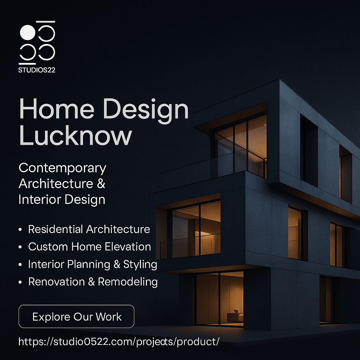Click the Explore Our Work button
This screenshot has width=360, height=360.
(x=76, y=316)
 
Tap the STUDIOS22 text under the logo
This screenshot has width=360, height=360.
(x=37, y=70)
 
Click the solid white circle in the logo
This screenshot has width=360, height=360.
(x=27, y=33)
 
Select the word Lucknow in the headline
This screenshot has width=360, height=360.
(x=75, y=136)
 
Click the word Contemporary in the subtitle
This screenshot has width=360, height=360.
(x=62, y=168)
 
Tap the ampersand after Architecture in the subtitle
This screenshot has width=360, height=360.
(x=100, y=184)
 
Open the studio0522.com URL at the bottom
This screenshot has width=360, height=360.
(x=119, y=341)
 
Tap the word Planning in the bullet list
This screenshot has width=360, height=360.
(x=83, y=264)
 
